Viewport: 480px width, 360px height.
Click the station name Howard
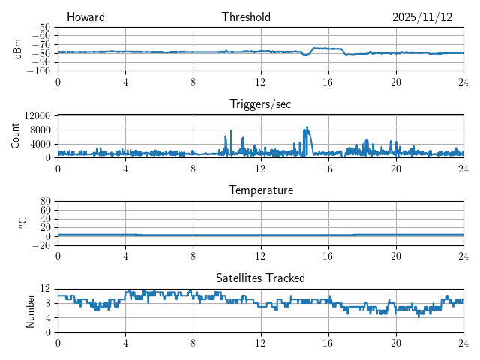pyautogui.click(x=85, y=17)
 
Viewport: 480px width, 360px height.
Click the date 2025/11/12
pyautogui.click(x=422, y=17)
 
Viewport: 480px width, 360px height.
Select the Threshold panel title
pyautogui.click(x=246, y=17)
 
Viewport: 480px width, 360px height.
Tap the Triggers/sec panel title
pyautogui.click(x=260, y=104)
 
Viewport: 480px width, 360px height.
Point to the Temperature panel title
pyautogui.click(x=260, y=190)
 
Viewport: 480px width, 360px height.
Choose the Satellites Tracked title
pyautogui.click(x=260, y=277)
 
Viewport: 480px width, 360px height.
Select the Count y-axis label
pyautogui.click(x=16, y=136)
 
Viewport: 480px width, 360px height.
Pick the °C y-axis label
pyautogui.click(x=22, y=223)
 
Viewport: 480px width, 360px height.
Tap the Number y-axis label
pyautogui.click(x=31, y=310)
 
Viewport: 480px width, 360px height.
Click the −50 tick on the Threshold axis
pyautogui.click(x=41, y=27)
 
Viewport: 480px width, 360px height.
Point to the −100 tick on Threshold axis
pyautogui.click(x=39, y=71)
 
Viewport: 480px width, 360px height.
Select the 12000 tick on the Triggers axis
pyautogui.click(x=37, y=116)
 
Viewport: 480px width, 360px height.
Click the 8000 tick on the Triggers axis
pyautogui.click(x=40, y=130)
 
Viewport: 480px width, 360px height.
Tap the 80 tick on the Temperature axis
pyautogui.click(x=46, y=202)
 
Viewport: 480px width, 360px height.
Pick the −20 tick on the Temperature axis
pyautogui.click(x=41, y=245)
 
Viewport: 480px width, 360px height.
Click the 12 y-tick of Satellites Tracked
pyautogui.click(x=46, y=289)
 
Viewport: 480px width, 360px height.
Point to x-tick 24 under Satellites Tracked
pyautogui.click(x=463, y=342)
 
